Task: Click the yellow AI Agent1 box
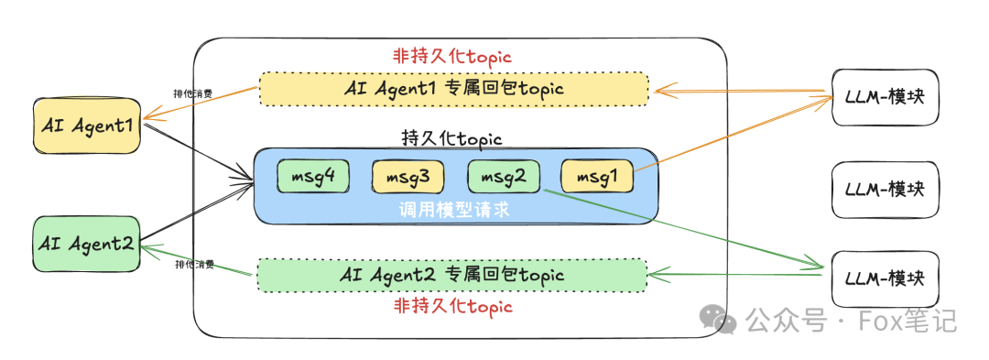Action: pos(87,127)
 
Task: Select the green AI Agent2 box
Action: pos(87,244)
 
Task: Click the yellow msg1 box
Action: pos(596,176)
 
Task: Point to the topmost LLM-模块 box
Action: pos(885,96)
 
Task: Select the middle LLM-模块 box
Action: pos(885,189)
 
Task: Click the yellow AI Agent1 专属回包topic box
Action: pos(453,89)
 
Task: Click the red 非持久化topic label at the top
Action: pos(452,56)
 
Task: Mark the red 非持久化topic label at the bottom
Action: pos(452,305)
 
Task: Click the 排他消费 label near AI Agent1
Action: pos(194,93)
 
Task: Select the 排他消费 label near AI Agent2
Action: pos(194,265)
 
